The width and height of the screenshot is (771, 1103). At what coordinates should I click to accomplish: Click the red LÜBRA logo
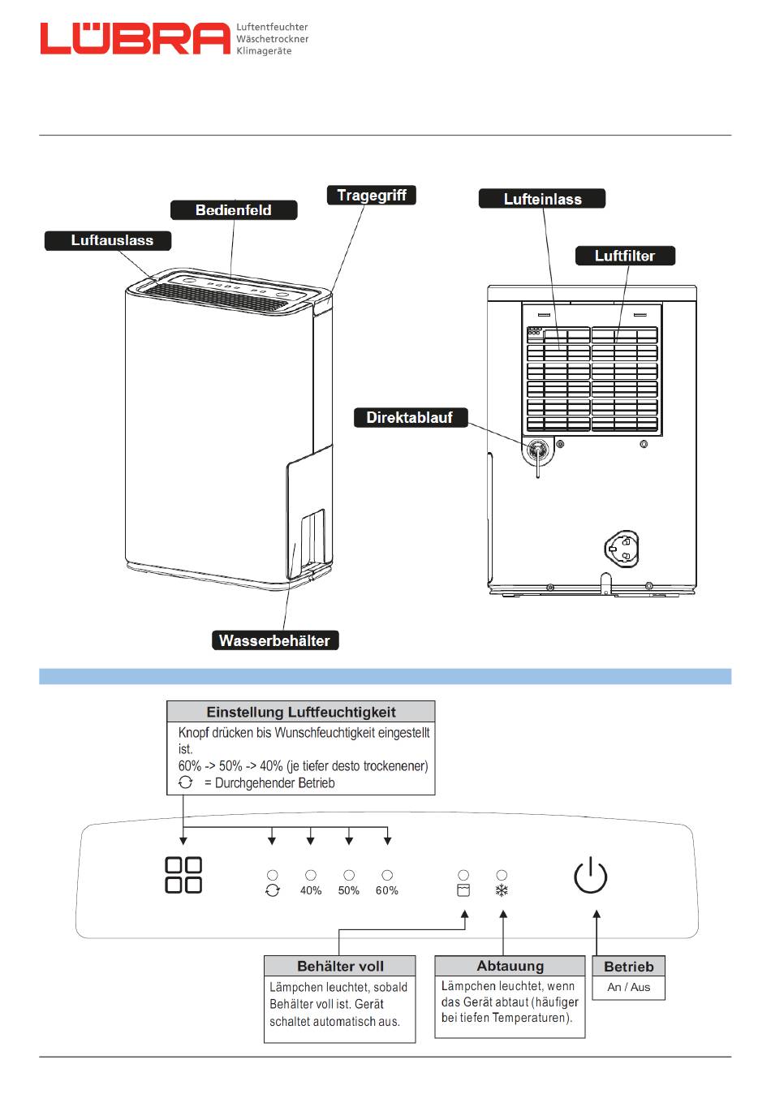pyautogui.click(x=135, y=38)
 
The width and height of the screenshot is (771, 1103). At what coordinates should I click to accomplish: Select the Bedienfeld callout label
pyautogui.click(x=234, y=209)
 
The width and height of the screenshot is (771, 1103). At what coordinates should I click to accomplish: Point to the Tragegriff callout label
pyautogui.click(x=372, y=195)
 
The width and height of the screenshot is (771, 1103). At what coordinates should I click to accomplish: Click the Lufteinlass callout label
pyautogui.click(x=542, y=198)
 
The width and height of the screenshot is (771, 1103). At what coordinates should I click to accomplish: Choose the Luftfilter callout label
pyautogui.click(x=625, y=256)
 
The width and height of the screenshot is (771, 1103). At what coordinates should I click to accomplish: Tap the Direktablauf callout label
pyautogui.click(x=411, y=417)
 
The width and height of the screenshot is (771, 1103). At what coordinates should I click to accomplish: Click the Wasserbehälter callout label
pyautogui.click(x=275, y=640)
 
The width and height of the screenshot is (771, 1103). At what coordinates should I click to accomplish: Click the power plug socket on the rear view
pyautogui.click(x=622, y=549)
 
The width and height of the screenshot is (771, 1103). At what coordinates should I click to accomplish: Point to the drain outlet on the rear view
pyautogui.click(x=537, y=450)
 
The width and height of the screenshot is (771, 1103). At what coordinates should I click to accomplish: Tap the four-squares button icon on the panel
pyautogui.click(x=183, y=875)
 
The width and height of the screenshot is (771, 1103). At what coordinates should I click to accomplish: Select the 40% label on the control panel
pyautogui.click(x=311, y=890)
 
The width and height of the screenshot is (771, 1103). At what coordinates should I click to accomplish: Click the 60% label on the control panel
pyautogui.click(x=387, y=890)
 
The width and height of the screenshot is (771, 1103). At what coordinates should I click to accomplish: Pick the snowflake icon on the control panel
pyautogui.click(x=502, y=890)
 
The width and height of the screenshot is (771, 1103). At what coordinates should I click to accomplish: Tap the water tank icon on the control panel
pyautogui.click(x=463, y=890)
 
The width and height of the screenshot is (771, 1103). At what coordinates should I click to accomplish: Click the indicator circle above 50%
pyautogui.click(x=349, y=874)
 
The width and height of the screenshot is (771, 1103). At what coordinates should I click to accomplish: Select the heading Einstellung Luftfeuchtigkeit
pyautogui.click(x=301, y=712)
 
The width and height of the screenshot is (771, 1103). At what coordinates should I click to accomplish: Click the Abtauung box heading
pyautogui.click(x=510, y=966)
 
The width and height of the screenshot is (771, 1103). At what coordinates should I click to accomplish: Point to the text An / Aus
pyautogui.click(x=629, y=987)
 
